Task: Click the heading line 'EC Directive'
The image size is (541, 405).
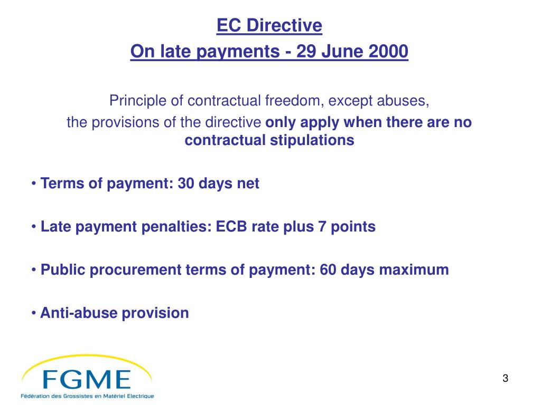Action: pos(269,25)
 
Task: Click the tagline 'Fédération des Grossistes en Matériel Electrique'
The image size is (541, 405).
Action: pos(87,396)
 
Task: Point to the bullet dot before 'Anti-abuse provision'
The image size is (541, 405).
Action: pos(34,313)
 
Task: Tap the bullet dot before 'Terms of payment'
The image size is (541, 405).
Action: pos(34,184)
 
